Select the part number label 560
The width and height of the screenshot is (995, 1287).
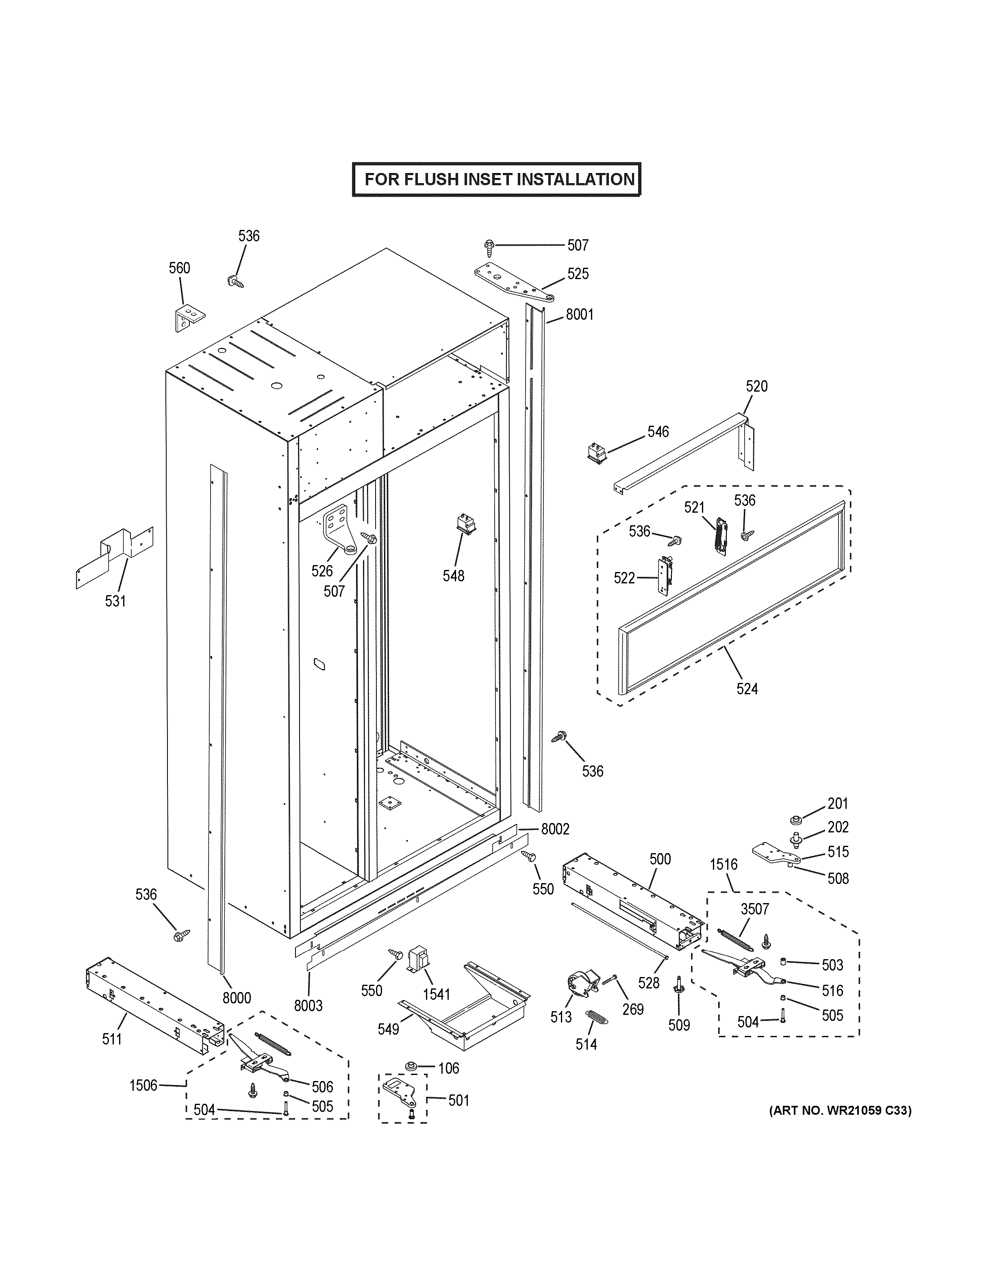coord(179,268)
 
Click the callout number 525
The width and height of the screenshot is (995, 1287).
coord(578,274)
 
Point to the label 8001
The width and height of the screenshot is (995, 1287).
coord(580,315)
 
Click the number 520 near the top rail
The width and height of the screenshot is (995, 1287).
coord(756,387)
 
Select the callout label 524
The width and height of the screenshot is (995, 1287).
coord(747,688)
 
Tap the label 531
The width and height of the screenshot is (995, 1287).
coord(115,601)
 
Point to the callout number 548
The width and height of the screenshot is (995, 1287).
coord(453,576)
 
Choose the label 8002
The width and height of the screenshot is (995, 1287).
coord(555,829)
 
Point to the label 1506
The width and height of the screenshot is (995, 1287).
coord(143,1085)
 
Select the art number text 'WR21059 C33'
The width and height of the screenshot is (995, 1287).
coord(867,1111)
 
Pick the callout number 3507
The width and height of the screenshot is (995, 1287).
coord(754,909)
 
